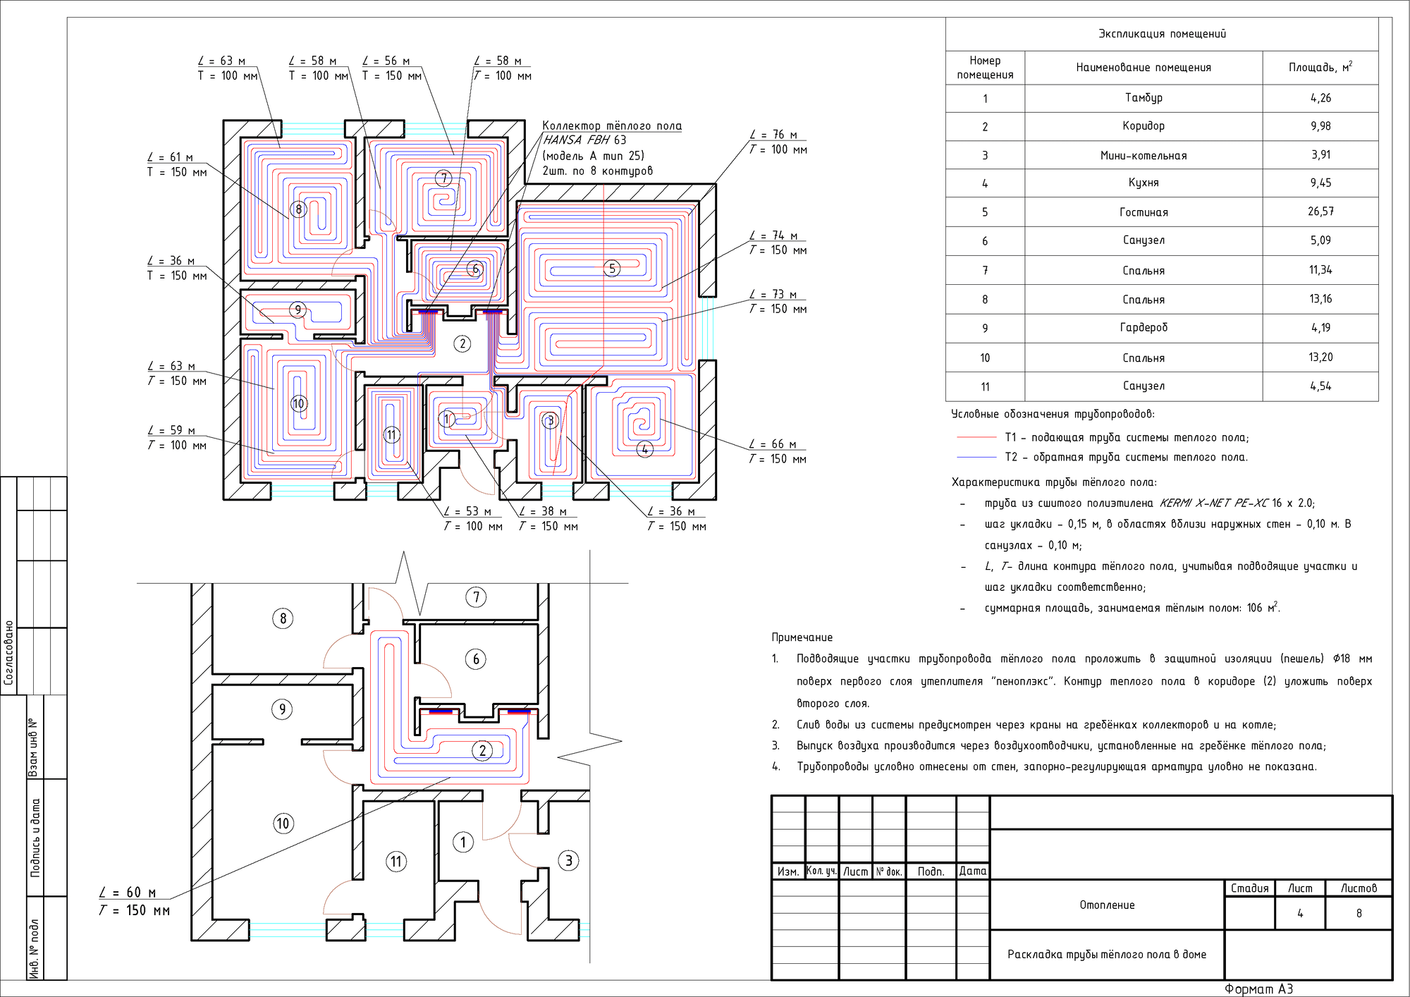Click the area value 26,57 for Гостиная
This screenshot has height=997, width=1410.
[x=1320, y=212]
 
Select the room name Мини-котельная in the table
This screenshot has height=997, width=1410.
[x=1144, y=155]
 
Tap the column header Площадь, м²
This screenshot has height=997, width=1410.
[x=1320, y=67]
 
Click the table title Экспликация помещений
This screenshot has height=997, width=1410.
[x=1162, y=34]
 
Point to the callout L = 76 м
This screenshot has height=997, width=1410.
[x=773, y=135]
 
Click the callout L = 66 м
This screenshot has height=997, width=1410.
[x=773, y=444]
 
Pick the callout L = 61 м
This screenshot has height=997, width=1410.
[x=170, y=157]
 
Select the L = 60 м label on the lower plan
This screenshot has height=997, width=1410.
[x=128, y=893]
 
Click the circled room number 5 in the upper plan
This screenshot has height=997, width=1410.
[x=612, y=268]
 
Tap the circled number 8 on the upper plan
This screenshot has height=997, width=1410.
[x=299, y=209]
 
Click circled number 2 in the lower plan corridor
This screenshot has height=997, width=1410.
[x=482, y=750]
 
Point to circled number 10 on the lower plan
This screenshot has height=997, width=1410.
[x=283, y=823]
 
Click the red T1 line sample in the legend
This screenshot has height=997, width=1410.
[x=976, y=438]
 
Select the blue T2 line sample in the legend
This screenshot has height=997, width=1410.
[x=976, y=458]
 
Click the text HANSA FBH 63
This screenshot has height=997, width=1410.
[x=584, y=140]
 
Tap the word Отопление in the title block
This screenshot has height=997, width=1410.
[x=1107, y=905]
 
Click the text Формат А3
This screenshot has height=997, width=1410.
[x=1258, y=989]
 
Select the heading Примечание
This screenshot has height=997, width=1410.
[x=802, y=637]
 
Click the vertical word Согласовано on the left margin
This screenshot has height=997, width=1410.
[x=9, y=653]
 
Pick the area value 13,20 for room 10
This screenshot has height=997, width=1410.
[x=1320, y=357]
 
